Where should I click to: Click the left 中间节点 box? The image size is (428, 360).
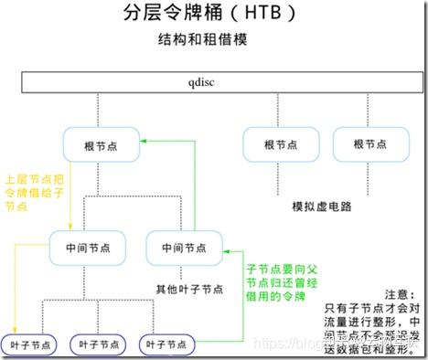pos(89,247)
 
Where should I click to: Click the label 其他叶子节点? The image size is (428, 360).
pos(189,289)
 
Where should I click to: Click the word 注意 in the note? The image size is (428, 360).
pos(401,295)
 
